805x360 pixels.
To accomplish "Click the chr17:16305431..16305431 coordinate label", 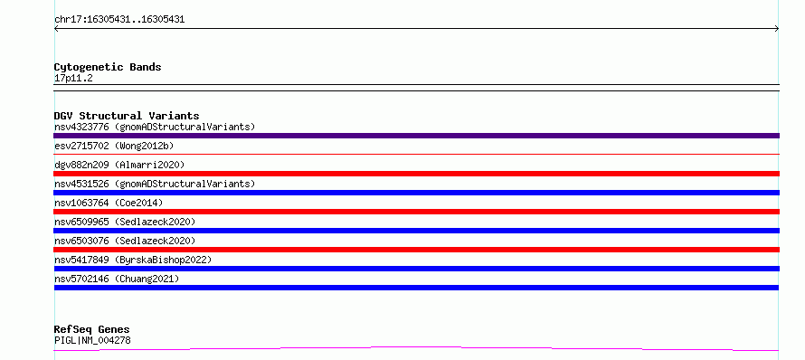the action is pos(119,20).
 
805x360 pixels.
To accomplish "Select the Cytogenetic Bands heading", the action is pos(108,67).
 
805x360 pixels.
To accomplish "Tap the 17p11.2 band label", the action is pos(73,79).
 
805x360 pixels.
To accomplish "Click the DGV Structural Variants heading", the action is pos(127,116).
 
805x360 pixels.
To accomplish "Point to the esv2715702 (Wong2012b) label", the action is pos(114,146).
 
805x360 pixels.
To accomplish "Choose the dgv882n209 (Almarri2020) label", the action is pos(119,165).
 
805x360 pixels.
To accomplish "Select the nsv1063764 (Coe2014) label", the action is pos(109,203).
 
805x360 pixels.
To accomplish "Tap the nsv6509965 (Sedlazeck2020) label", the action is pos(125,222).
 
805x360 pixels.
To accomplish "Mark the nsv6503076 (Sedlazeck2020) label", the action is pos(125,241).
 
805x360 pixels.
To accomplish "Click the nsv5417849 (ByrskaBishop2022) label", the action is pos(133,260).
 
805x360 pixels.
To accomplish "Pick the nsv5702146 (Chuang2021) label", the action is pos(117,279).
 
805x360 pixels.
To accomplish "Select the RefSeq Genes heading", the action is pos(92,329).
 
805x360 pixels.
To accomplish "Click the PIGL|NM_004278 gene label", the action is pos(92,340).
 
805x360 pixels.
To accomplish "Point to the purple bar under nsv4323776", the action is pos(416,136).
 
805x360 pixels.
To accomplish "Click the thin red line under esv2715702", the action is pos(416,154).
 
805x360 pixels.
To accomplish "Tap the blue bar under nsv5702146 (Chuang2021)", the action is pos(416,288).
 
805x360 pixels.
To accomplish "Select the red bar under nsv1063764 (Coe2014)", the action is pos(416,212).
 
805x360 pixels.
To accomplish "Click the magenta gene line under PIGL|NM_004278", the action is pos(416,348).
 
